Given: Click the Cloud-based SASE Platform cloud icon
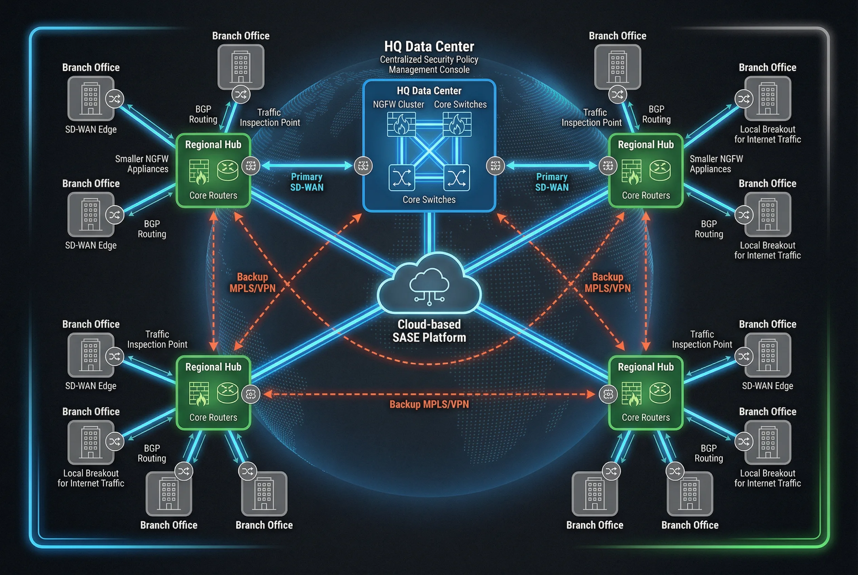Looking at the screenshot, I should (429, 284).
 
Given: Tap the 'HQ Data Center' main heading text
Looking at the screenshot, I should (429, 46).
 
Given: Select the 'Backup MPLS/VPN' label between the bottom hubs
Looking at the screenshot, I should (429, 404).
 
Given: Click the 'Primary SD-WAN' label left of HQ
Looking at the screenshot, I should (306, 182).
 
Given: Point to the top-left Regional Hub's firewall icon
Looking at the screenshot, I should (199, 171).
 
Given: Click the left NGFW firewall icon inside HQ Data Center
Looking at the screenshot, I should (401, 124).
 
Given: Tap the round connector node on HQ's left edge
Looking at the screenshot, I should (363, 166).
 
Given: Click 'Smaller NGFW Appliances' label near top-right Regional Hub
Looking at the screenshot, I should (715, 164).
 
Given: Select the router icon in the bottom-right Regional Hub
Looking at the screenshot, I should (660, 393).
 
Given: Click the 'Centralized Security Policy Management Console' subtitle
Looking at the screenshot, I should (429, 64).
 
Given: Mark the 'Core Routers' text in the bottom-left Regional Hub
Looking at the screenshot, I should (213, 417).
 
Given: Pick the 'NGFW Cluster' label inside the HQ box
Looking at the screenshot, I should (398, 104).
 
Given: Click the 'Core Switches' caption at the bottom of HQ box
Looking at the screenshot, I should (429, 199).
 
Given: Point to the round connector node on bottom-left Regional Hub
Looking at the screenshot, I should (251, 394).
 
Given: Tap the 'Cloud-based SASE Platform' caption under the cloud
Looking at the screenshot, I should (429, 331).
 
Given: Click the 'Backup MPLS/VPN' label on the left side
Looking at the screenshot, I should (252, 282).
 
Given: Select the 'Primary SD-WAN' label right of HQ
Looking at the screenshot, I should (552, 182).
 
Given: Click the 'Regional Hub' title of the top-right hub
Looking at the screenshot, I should (646, 144).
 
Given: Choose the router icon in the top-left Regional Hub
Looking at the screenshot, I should (227, 170).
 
